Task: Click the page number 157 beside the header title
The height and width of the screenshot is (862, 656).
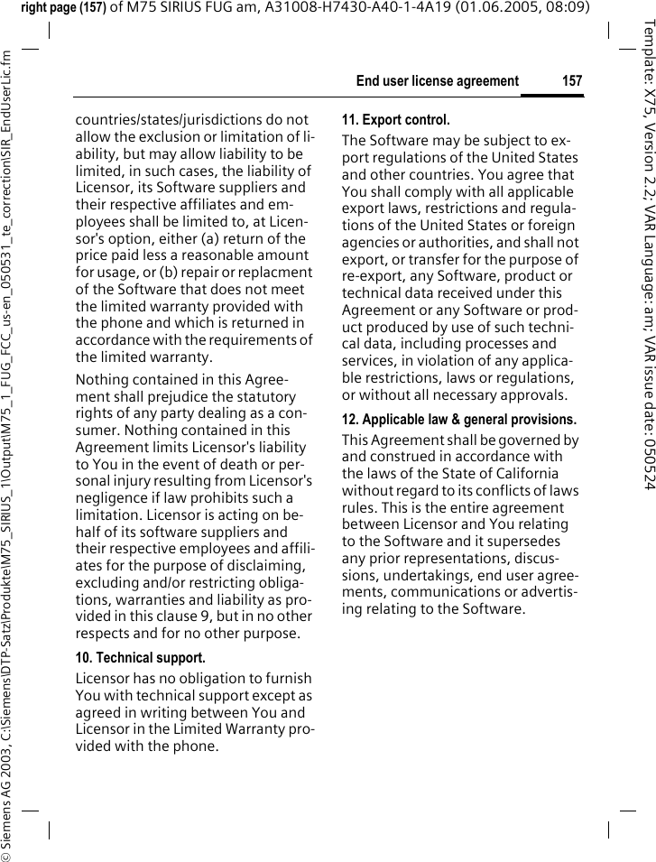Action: [x=572, y=81]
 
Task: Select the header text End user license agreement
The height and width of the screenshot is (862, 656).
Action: [x=437, y=81]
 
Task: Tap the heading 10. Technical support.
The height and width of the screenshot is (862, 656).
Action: [x=140, y=658]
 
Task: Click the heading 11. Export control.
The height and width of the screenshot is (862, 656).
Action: [x=395, y=120]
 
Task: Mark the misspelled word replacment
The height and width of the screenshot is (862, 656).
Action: [x=273, y=273]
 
